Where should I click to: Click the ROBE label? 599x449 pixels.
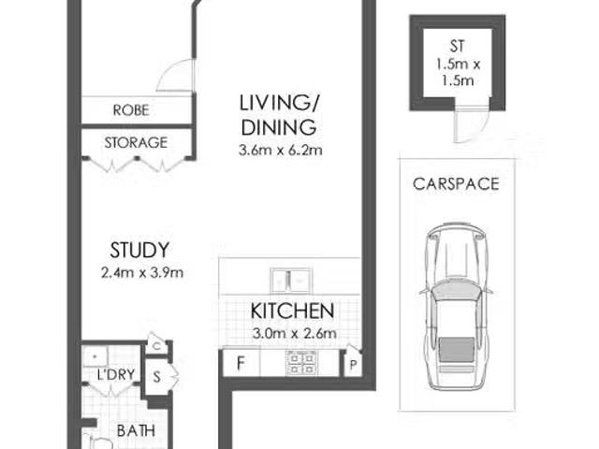131,110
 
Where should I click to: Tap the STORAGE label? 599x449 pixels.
136,143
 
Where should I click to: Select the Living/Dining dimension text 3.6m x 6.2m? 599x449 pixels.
281,150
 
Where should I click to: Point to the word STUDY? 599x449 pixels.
139,251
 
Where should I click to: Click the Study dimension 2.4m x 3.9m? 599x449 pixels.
142,272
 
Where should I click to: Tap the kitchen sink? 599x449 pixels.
291,281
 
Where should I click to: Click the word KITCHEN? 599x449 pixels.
292,311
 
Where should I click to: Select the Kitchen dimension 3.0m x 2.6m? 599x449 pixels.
294,333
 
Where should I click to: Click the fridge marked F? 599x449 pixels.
241,363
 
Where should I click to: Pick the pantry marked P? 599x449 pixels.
353,364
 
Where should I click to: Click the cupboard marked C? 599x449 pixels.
156,346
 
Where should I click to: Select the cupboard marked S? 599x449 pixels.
156,377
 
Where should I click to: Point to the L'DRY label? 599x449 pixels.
116,374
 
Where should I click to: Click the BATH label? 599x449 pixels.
136,431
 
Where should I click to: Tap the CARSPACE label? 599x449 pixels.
456,184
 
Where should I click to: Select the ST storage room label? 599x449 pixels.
458,46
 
